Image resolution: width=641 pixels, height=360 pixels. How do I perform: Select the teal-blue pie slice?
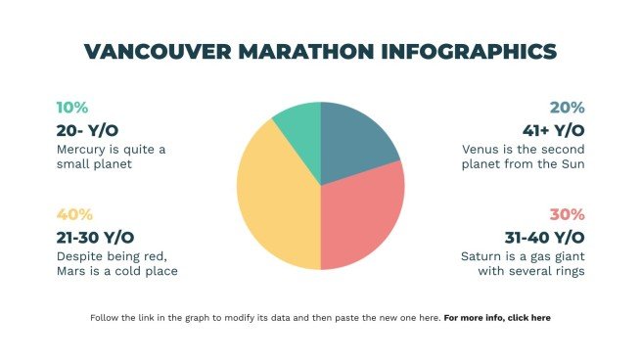pyautogui.click(x=357, y=143)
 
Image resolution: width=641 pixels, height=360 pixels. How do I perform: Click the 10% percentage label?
pyautogui.click(x=71, y=108)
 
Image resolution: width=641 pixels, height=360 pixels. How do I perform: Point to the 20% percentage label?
pyautogui.click(x=567, y=108)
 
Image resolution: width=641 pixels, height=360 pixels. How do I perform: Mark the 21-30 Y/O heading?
pyautogui.click(x=96, y=237)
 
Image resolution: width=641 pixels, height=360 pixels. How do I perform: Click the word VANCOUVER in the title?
pyautogui.click(x=158, y=52)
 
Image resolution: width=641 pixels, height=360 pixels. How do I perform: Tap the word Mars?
pyautogui.click(x=72, y=271)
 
